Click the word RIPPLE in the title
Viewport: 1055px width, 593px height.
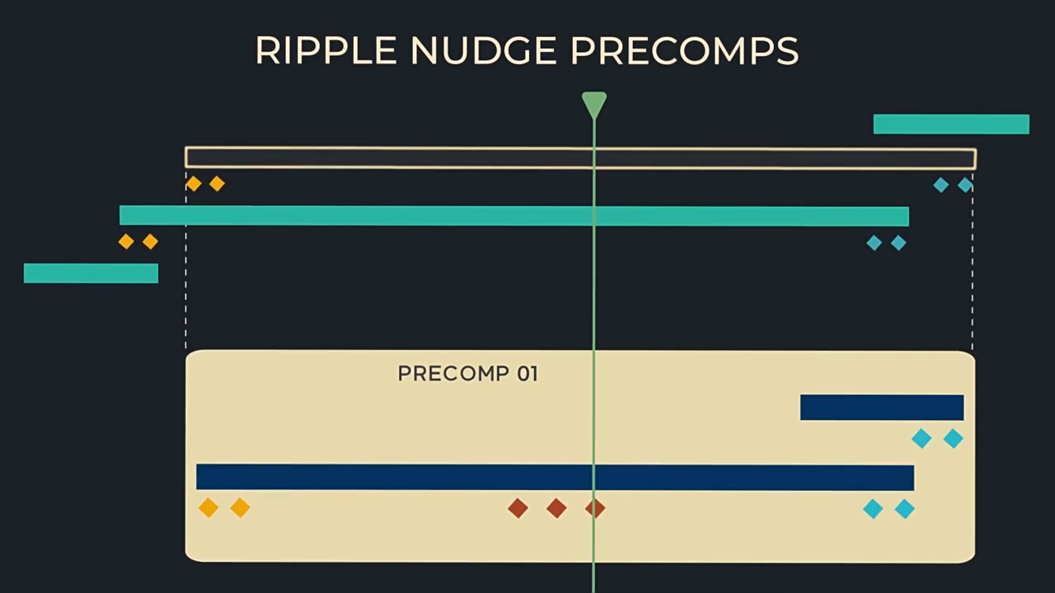pyautogui.click(x=326, y=51)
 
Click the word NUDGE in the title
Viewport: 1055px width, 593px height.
pyautogui.click(x=483, y=51)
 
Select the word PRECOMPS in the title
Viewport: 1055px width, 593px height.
pyautogui.click(x=684, y=51)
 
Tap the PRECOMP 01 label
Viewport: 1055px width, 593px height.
pyautogui.click(x=467, y=374)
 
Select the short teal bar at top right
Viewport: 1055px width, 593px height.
pyautogui.click(x=951, y=124)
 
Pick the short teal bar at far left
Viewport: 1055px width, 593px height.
pyautogui.click(x=91, y=273)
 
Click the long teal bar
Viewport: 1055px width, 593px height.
pyautogui.click(x=513, y=216)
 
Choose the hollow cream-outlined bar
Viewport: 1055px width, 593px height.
pyautogui.click(x=412, y=158)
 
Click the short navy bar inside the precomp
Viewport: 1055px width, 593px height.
pyautogui.click(x=882, y=408)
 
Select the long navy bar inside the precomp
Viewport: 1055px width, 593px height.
pyautogui.click(x=555, y=478)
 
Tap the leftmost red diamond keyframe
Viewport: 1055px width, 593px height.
pyautogui.click(x=518, y=508)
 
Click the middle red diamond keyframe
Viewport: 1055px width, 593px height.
pyautogui.click(x=556, y=508)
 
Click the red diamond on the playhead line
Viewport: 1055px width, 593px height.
pyautogui.click(x=595, y=508)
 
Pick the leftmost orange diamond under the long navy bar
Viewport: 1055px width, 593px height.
pyautogui.click(x=209, y=508)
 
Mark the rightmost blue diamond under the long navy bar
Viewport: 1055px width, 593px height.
pyautogui.click(x=904, y=509)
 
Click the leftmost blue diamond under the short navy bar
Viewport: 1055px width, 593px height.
pyautogui.click(x=921, y=439)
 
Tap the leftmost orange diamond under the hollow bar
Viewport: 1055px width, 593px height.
pyautogui.click(x=194, y=184)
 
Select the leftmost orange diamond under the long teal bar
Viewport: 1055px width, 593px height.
pyautogui.click(x=126, y=241)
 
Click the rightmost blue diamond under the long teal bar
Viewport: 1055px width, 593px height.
pyautogui.click(x=898, y=243)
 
